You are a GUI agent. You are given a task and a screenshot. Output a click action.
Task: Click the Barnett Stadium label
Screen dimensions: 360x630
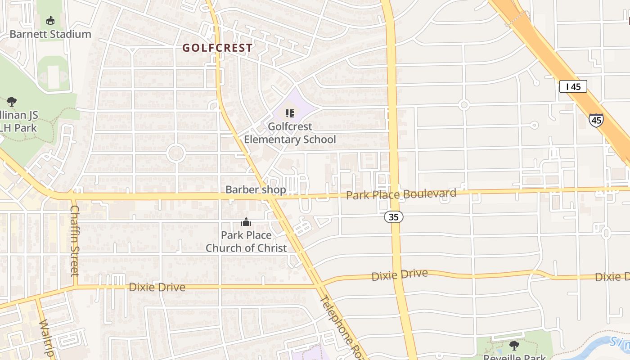(x=50, y=34)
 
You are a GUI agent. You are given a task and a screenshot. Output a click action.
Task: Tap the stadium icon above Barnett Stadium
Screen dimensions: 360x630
(x=50, y=21)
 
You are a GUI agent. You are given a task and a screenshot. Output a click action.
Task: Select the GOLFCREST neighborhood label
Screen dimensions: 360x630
(x=217, y=47)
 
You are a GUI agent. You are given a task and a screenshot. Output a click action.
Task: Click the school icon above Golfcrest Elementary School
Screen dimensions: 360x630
(x=290, y=113)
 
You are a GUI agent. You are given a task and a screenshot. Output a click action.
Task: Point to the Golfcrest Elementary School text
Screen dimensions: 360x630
(x=290, y=133)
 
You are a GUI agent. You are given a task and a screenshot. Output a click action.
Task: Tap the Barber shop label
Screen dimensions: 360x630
(x=256, y=190)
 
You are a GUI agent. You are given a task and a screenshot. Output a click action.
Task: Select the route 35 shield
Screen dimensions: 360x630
(x=394, y=217)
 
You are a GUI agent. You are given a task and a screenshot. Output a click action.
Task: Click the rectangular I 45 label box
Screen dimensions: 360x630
(x=573, y=87)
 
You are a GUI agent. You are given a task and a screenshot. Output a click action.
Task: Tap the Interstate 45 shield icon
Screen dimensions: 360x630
(x=596, y=120)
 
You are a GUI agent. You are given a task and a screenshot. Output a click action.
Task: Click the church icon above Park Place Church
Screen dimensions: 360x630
(x=246, y=222)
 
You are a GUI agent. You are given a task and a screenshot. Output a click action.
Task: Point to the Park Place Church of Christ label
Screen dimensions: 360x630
(x=246, y=242)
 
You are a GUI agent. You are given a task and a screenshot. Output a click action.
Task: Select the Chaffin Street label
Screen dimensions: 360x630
(x=75, y=240)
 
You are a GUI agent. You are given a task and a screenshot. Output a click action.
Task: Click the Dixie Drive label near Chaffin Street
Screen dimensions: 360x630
(x=157, y=287)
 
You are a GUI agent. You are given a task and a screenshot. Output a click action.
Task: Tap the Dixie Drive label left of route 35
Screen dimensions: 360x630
(x=399, y=275)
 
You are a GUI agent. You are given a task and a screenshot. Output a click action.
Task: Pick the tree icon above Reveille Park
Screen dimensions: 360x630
(x=514, y=346)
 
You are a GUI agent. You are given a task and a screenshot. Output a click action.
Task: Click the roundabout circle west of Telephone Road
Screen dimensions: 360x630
(x=176, y=153)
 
